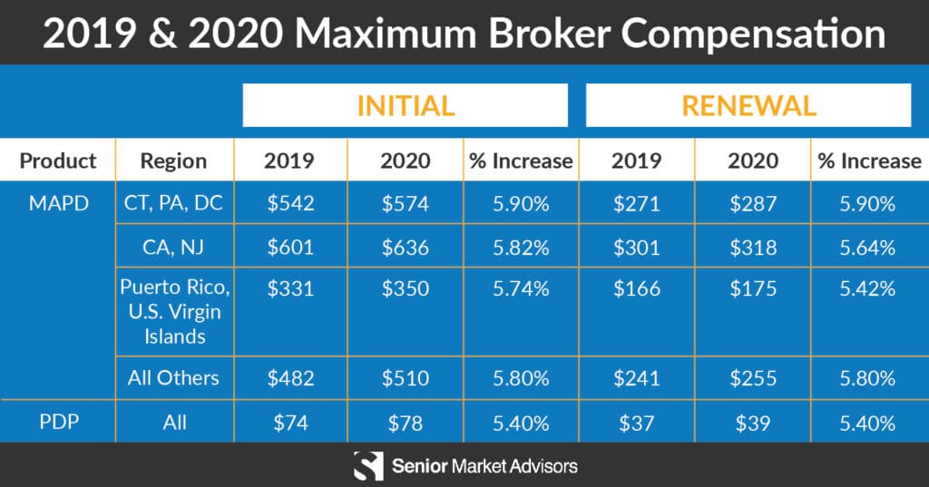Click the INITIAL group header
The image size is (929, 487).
[x=405, y=105]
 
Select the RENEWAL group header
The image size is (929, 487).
[x=748, y=105]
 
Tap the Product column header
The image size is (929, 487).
[x=58, y=161]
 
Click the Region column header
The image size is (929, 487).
[x=173, y=161]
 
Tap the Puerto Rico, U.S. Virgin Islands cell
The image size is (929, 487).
[x=174, y=312]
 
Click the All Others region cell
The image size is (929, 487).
[x=173, y=377]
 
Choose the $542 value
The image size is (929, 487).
[x=289, y=203]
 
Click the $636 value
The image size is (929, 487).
[x=405, y=247]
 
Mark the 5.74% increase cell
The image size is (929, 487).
[x=521, y=290]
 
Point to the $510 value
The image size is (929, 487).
[x=405, y=377]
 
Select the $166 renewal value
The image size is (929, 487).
[x=636, y=290]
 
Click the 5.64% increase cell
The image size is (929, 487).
[x=868, y=247]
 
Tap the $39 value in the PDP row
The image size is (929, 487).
[x=752, y=423]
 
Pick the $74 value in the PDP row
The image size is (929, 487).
[x=289, y=423]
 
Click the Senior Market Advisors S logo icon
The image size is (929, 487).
[x=367, y=466]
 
